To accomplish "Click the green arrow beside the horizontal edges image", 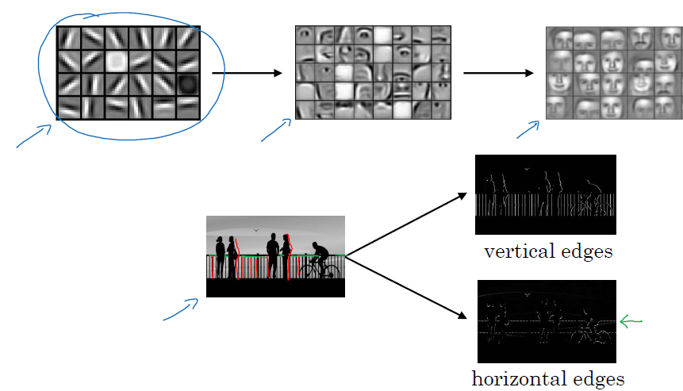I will [x=631, y=321].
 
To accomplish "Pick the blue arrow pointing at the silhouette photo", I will [x=181, y=309].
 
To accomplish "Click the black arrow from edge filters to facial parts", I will [x=247, y=74].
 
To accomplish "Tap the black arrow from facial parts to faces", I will [x=498, y=74].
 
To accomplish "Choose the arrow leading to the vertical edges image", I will [x=406, y=224].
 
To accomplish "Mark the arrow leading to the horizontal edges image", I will [x=406, y=287].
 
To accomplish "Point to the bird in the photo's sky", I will [x=255, y=232].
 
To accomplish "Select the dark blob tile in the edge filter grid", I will [x=188, y=84].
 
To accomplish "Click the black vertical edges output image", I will [x=545, y=194].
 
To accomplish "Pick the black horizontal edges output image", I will [x=547, y=321].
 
